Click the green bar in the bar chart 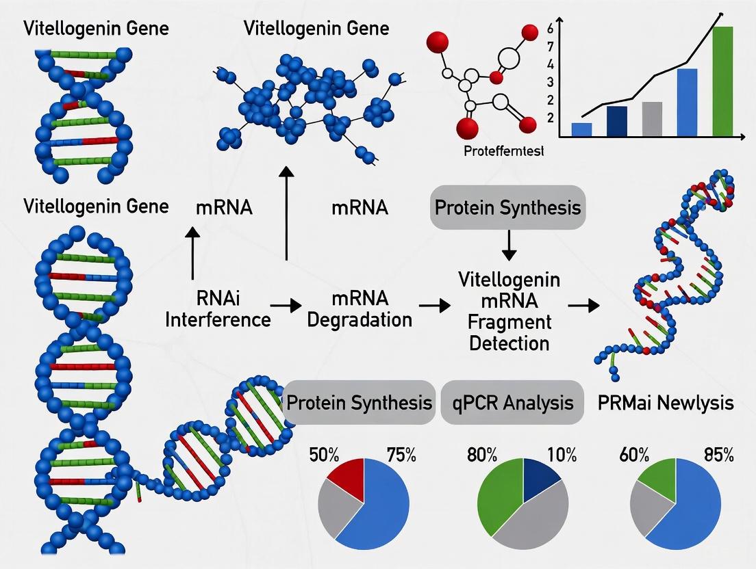point(722,81)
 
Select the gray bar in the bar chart point(652,119)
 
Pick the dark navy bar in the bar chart point(616,121)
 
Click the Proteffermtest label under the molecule point(504,151)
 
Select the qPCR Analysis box point(512,402)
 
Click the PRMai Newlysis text point(665,402)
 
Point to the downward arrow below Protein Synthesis point(508,246)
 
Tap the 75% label point(401,454)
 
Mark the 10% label point(562,454)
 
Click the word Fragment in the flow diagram point(509,321)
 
